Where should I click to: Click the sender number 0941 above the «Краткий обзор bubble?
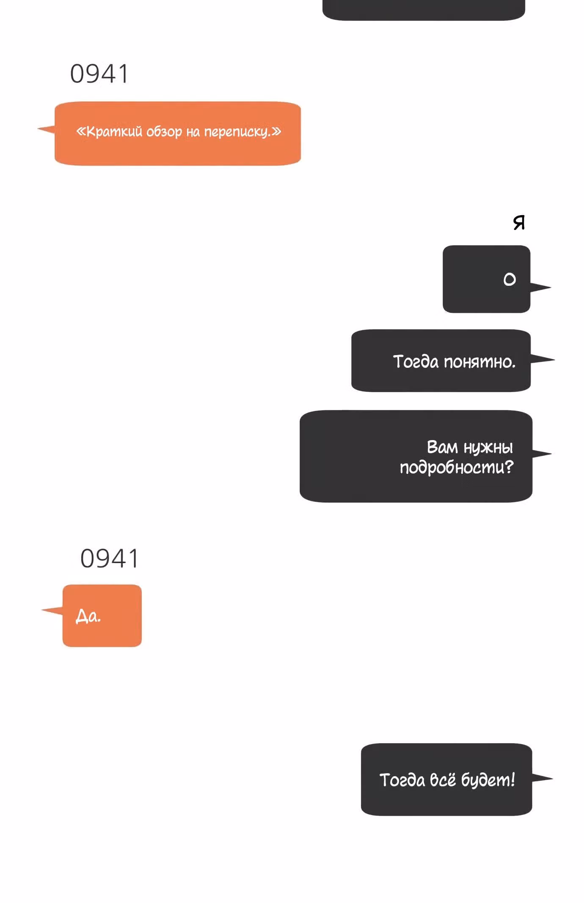[99, 74]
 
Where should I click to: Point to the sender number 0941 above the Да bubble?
[109, 558]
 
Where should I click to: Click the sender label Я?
[519, 222]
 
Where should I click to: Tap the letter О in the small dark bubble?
[510, 279]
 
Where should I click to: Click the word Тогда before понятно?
[416, 362]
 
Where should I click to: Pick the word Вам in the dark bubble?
[442, 447]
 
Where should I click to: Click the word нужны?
[488, 447]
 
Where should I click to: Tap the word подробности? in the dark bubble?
[457, 467]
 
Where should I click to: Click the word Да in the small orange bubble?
[88, 616]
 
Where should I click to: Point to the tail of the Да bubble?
[52, 610]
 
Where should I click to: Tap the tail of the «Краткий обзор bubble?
[46, 129]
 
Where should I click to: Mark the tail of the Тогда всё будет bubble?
[542, 778]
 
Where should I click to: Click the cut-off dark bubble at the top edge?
[424, 9]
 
